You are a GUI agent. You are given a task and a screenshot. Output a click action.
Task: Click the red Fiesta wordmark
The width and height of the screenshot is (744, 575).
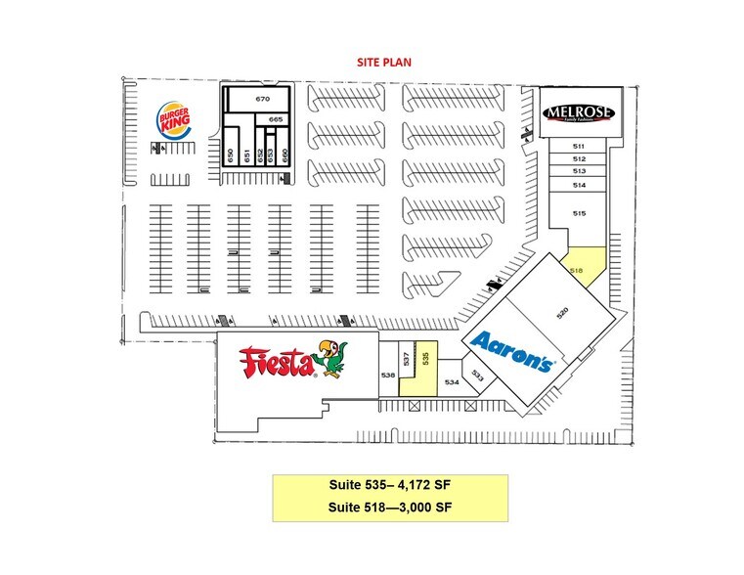click(x=279, y=361)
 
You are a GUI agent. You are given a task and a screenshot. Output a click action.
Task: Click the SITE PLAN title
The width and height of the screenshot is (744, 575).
click(x=382, y=61)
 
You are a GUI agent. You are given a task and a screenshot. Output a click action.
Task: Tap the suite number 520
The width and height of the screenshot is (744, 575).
click(x=561, y=314)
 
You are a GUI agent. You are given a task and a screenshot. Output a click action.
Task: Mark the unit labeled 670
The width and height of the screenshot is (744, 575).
click(x=262, y=100)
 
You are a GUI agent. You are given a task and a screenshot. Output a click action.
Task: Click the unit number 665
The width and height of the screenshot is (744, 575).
click(x=276, y=118)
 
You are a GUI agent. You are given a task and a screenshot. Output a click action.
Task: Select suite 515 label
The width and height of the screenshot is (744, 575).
click(x=579, y=213)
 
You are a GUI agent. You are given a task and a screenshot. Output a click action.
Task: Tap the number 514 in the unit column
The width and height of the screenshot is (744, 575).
click(x=579, y=185)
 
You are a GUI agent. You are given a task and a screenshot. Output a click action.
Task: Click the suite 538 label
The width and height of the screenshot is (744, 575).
click(x=388, y=375)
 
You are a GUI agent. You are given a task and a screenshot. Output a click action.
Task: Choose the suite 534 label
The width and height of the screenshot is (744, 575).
click(x=452, y=382)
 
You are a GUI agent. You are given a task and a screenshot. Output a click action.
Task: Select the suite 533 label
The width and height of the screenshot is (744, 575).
click(x=478, y=374)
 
